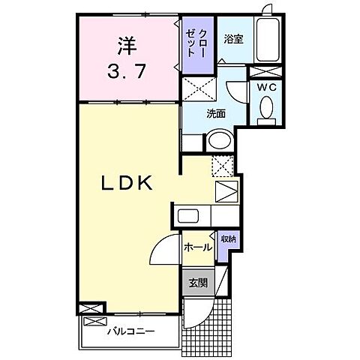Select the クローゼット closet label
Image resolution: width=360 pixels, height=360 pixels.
200,44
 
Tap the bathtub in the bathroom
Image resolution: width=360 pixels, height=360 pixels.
267,42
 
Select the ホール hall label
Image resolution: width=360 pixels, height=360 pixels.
197,245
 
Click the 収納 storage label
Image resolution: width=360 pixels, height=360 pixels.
227,239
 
